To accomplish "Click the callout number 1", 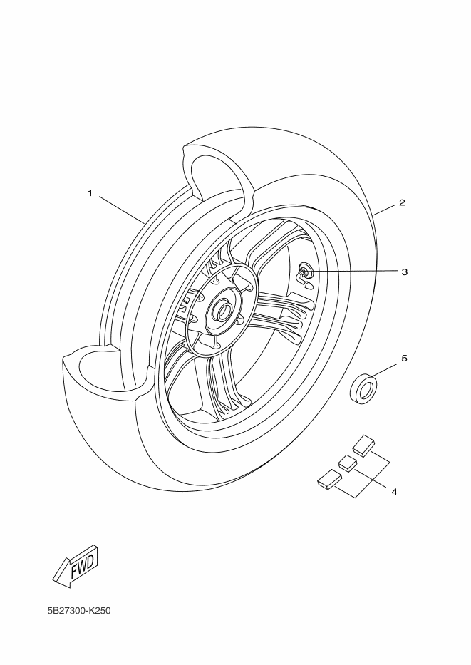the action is tap(90, 193).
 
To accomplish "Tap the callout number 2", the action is tap(402, 202).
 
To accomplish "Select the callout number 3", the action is tap(404, 272).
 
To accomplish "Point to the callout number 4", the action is tap(394, 491).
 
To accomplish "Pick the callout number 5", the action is tap(404, 358).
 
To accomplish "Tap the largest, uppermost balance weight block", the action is tap(363, 445).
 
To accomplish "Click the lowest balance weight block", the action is tap(329, 479).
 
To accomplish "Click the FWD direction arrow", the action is tap(75, 567).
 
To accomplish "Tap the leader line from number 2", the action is tap(384, 210).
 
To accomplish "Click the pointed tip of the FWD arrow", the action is tap(56, 584).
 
